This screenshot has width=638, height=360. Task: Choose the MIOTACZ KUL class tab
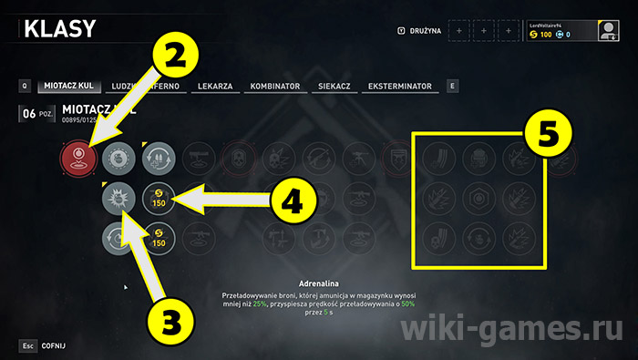tap(68, 87)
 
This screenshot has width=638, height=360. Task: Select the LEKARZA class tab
tap(217, 87)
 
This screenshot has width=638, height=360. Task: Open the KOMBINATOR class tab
tap(274, 87)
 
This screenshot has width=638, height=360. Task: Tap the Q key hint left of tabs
tap(26, 87)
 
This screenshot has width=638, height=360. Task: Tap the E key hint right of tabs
tap(452, 87)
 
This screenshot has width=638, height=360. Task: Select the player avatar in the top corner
tap(608, 31)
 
